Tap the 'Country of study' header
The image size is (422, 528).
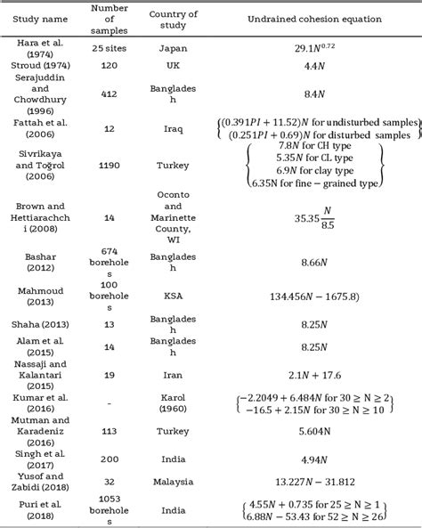[173, 20]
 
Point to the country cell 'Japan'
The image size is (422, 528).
[173, 49]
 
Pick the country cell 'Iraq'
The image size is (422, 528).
[173, 127]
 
